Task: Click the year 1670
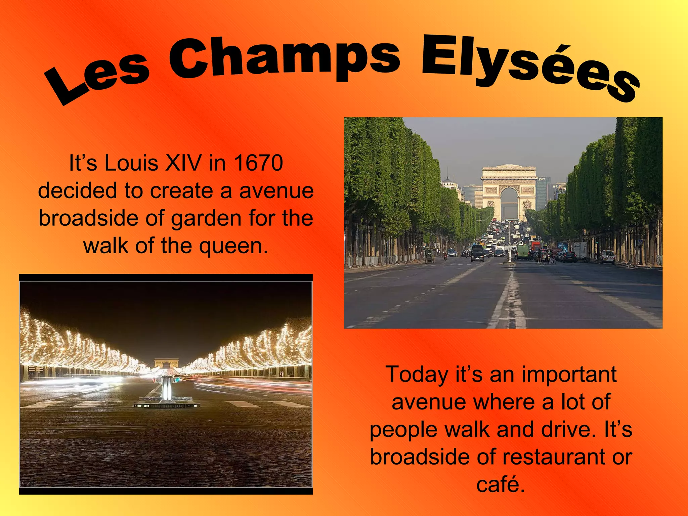click(258, 163)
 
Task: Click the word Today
click(417, 375)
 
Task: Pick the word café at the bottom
click(501, 485)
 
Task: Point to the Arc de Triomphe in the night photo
click(166, 363)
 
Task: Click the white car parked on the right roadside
click(608, 257)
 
